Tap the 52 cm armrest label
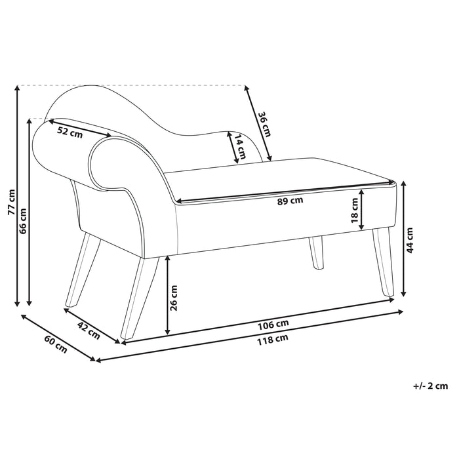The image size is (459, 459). click(70, 131)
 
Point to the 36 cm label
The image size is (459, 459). click(264, 125)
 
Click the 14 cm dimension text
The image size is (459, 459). click(242, 148)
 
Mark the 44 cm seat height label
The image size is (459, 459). click(410, 241)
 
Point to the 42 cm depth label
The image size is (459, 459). click(89, 330)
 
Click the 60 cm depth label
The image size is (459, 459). click(56, 344)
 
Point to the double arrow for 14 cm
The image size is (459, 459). click(232, 148)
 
